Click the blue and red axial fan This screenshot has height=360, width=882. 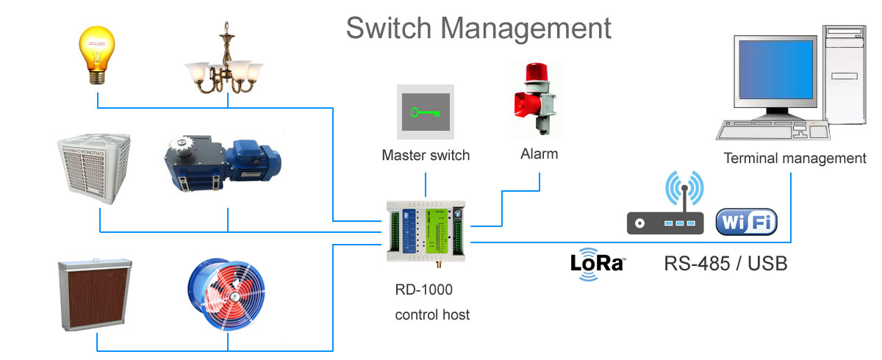tap(228, 292)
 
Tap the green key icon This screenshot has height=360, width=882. tap(426, 112)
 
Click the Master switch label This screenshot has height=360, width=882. tap(426, 155)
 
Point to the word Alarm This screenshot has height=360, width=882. tap(539, 154)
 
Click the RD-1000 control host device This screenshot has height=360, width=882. tap(426, 230)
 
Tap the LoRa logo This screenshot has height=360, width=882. tap(598, 264)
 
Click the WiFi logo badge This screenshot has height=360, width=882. tap(745, 222)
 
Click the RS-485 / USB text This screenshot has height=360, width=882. tap(725, 264)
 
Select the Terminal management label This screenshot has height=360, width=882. tap(795, 158)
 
